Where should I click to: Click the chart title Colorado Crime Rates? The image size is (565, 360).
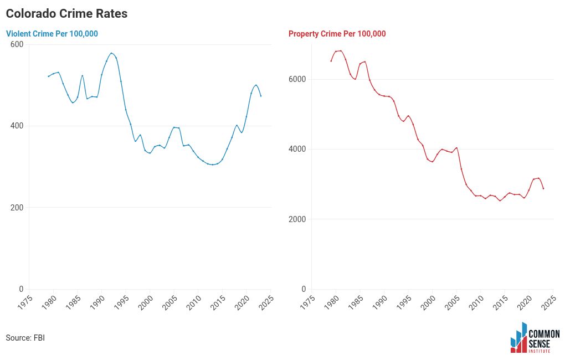pos(66,14)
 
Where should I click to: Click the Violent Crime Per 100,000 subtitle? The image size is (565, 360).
pos(52,34)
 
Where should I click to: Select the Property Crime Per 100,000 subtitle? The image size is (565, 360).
pos(337,34)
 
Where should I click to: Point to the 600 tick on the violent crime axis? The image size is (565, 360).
pos(17,44)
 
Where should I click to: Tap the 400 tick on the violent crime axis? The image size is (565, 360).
pos(17,126)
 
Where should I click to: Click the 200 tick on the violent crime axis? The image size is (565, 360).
pos(17,208)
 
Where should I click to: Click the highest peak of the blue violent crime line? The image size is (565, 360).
pos(111,53)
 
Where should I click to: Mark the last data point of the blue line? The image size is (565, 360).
pos(261,96)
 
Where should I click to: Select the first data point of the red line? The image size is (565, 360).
pos(331,61)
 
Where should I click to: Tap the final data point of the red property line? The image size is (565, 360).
pos(543,188)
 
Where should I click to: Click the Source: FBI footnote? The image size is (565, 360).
pos(25,338)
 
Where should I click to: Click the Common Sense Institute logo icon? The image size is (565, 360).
pos(518,338)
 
